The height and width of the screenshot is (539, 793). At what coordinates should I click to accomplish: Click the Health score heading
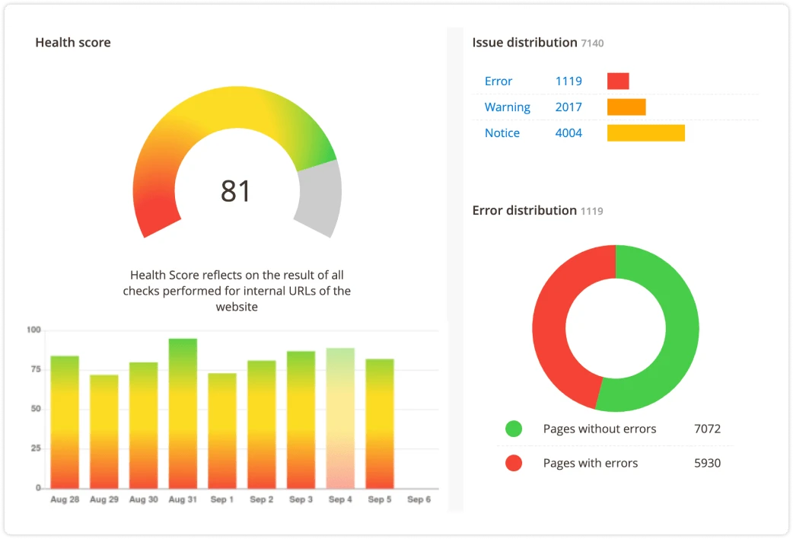click(73, 43)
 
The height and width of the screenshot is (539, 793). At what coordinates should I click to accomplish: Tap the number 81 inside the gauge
click(236, 191)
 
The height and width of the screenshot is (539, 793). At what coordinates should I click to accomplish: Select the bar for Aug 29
click(104, 431)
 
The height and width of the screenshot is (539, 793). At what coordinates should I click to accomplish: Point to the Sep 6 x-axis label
click(419, 499)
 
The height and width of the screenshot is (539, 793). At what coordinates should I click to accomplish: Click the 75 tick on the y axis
click(33, 369)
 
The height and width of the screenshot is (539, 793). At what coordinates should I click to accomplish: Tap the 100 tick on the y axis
click(33, 330)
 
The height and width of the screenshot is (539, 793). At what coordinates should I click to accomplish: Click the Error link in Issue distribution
click(498, 81)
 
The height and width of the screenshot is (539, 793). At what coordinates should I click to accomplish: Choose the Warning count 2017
click(568, 107)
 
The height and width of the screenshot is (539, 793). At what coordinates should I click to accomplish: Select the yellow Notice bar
click(645, 133)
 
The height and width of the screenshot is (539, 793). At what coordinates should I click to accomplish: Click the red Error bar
click(618, 81)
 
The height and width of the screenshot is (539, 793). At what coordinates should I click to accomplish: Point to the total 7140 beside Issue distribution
click(592, 43)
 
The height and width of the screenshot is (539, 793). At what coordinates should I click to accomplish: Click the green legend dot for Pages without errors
click(514, 429)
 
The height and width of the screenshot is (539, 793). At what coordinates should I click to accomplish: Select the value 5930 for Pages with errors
click(707, 463)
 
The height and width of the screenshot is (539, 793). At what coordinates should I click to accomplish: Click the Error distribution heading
click(524, 210)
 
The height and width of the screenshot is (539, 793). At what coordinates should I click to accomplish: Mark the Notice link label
click(502, 133)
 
